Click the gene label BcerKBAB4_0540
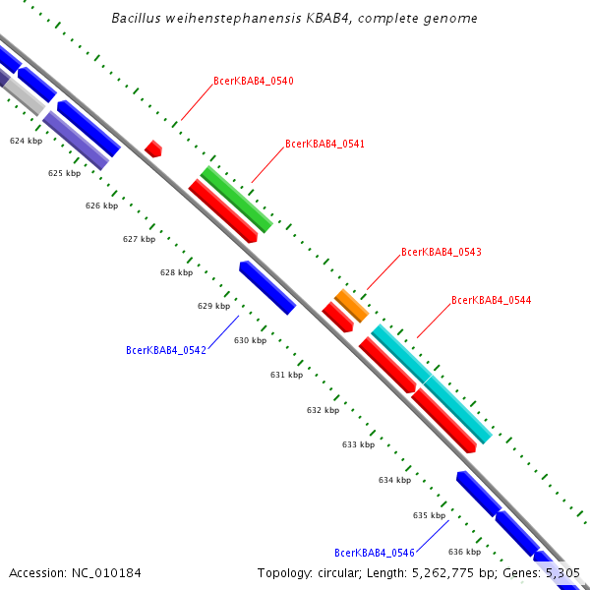[254, 82]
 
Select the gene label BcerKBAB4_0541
[324, 145]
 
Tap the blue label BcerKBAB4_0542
[166, 350]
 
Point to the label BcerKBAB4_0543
[441, 253]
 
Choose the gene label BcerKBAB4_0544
[491, 301]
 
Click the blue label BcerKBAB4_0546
[374, 553]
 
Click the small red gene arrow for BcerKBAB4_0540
[153, 148]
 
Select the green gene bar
[236, 200]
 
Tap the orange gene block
[351, 306]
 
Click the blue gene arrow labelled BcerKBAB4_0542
[267, 288]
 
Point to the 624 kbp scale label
[27, 142]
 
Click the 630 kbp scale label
[250, 340]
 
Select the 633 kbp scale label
[359, 444]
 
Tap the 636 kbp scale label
[464, 552]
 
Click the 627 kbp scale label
[139, 239]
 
